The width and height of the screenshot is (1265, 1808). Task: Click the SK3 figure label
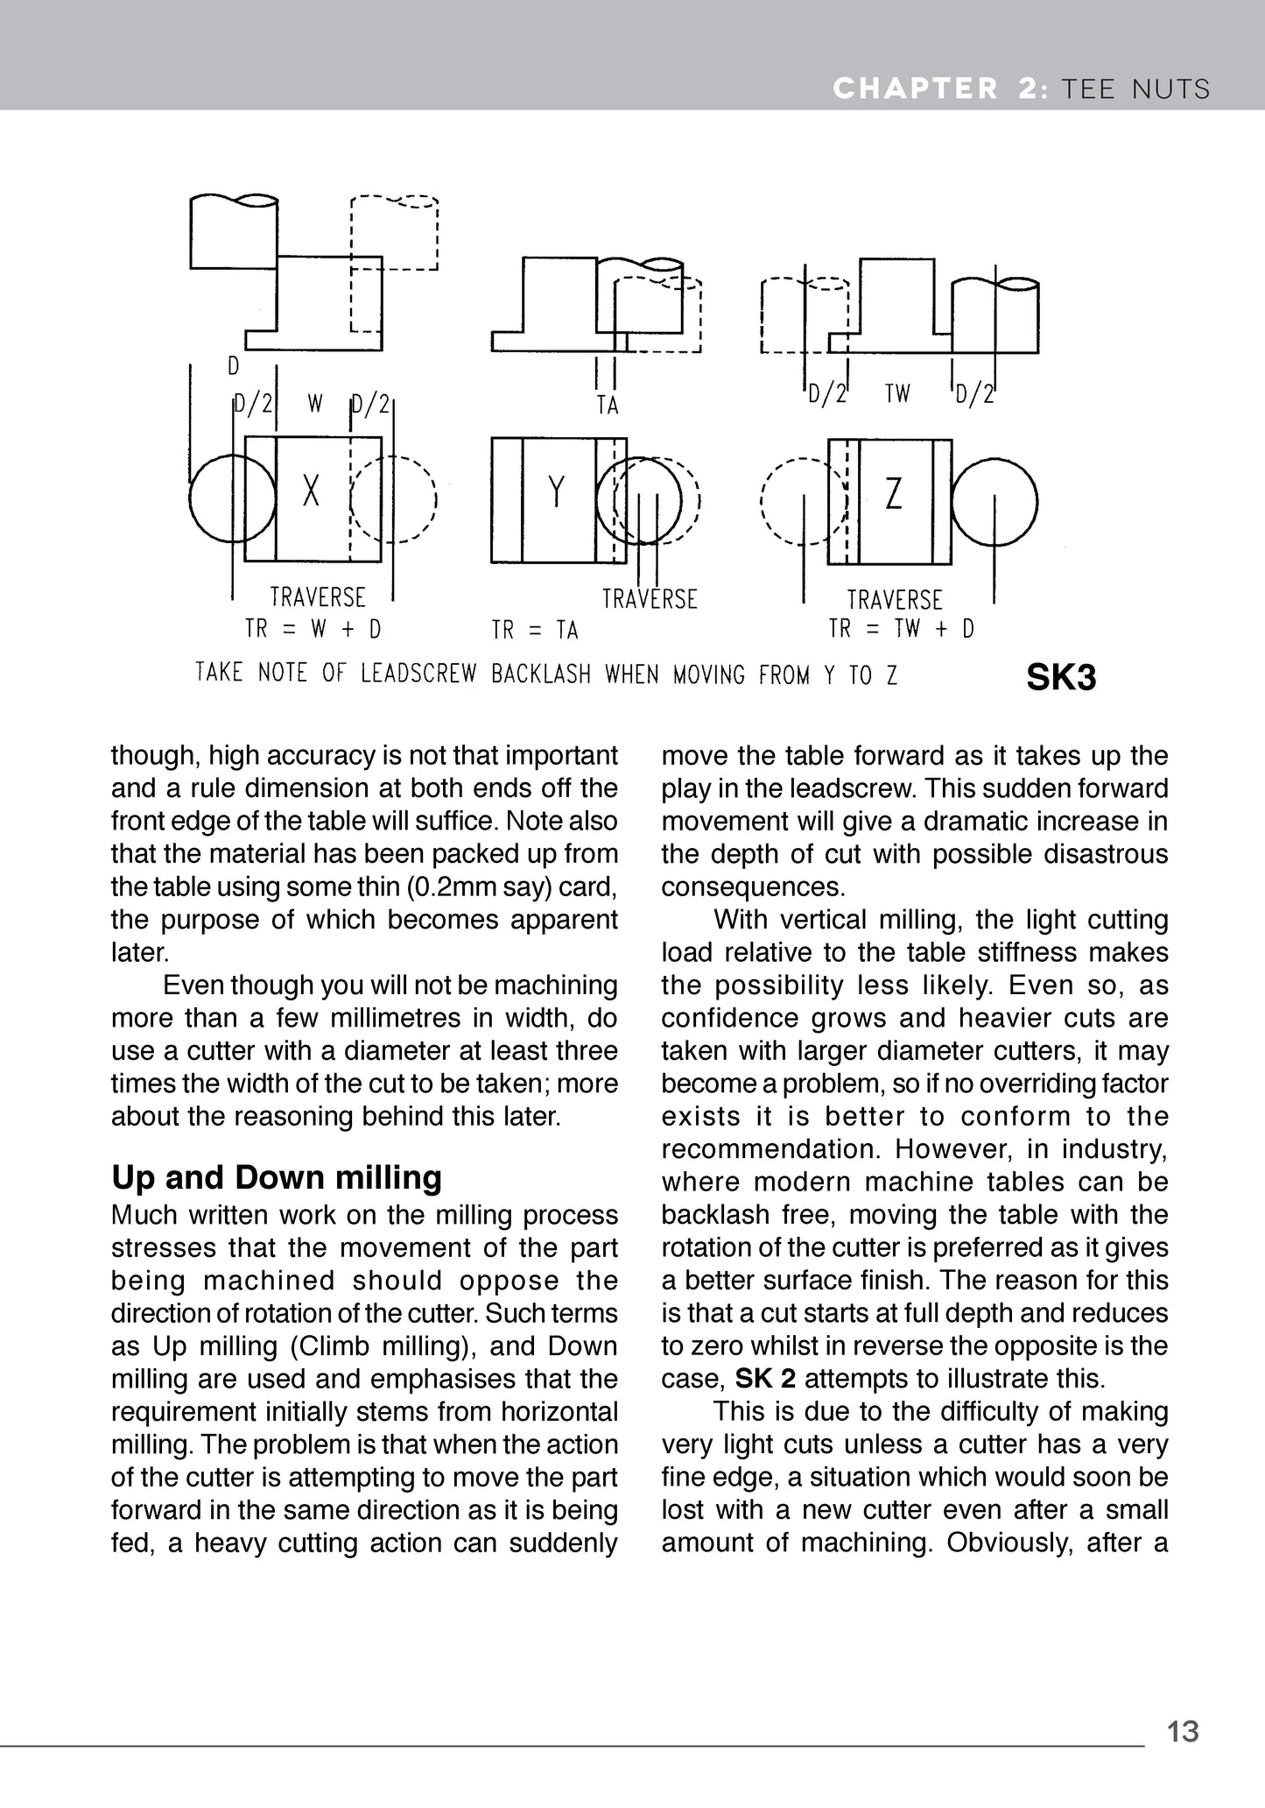(1060, 678)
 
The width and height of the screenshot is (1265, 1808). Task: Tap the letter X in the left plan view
(311, 491)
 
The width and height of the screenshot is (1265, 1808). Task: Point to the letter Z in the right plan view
(893, 494)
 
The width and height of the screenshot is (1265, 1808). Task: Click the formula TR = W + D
(313, 630)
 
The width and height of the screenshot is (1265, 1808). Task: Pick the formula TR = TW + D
(902, 629)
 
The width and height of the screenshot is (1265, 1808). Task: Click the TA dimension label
(608, 406)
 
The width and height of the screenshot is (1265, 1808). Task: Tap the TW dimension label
(897, 394)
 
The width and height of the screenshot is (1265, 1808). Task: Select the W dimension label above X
(315, 404)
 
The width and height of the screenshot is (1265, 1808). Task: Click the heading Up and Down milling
(277, 1178)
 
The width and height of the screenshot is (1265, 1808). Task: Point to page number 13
(1183, 1732)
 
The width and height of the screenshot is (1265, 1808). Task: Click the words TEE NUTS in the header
(1135, 88)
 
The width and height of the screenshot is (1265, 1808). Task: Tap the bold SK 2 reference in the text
(765, 1379)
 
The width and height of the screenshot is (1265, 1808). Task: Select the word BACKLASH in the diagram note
(541, 674)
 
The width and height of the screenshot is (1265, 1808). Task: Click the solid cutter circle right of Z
(994, 503)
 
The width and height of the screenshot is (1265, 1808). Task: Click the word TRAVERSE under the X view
(318, 597)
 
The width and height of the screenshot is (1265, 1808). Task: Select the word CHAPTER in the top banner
(916, 88)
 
